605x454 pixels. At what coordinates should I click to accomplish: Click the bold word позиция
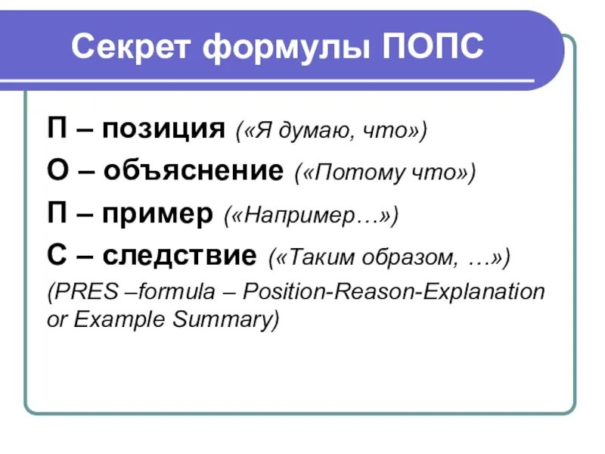[163, 129]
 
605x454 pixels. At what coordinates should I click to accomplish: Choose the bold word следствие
[179, 256]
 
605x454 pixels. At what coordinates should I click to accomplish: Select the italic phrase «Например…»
[310, 216]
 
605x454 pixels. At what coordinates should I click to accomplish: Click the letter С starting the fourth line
[56, 256]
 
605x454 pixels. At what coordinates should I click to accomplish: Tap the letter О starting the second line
[57, 172]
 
